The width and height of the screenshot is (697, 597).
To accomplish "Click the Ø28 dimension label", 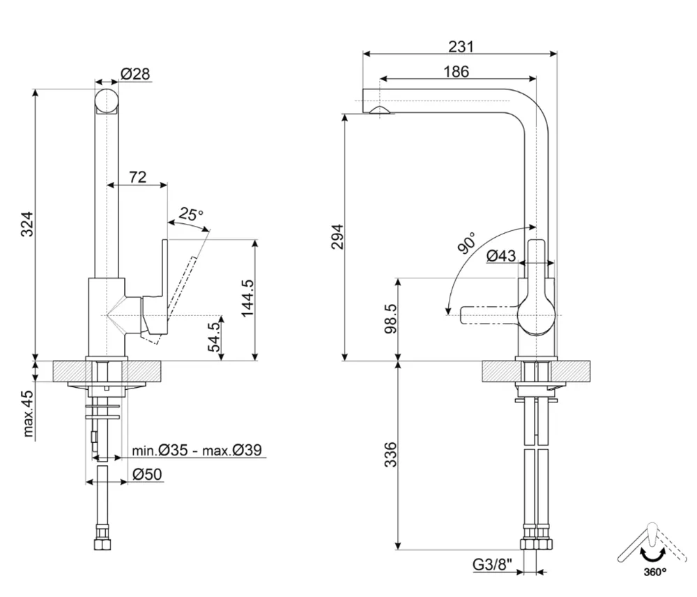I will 135,73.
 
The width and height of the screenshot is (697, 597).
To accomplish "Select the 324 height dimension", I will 27,223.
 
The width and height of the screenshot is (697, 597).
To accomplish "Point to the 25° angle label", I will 190,214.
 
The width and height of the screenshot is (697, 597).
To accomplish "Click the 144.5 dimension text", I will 246,298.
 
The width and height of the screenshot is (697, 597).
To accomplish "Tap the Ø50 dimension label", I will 147,474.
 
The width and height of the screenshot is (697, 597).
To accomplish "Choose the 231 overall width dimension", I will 461,46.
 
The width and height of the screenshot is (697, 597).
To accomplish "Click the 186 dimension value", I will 456,71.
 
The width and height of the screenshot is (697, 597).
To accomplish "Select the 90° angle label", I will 467,242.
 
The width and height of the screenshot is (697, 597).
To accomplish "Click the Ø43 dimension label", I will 501,256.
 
